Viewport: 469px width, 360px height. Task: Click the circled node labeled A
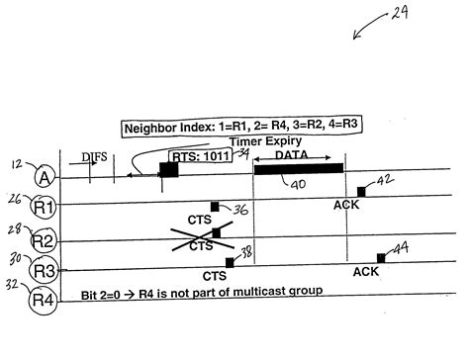(44, 178)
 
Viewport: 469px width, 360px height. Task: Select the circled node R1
(44, 209)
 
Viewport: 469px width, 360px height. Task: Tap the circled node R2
(44, 239)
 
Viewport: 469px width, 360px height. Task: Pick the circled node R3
(44, 269)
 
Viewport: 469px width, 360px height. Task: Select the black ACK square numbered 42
(361, 191)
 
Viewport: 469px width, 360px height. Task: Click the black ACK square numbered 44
(381, 257)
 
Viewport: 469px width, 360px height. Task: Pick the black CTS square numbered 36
(215, 207)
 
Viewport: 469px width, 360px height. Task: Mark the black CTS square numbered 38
(230, 262)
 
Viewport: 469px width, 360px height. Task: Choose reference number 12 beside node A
(17, 163)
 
